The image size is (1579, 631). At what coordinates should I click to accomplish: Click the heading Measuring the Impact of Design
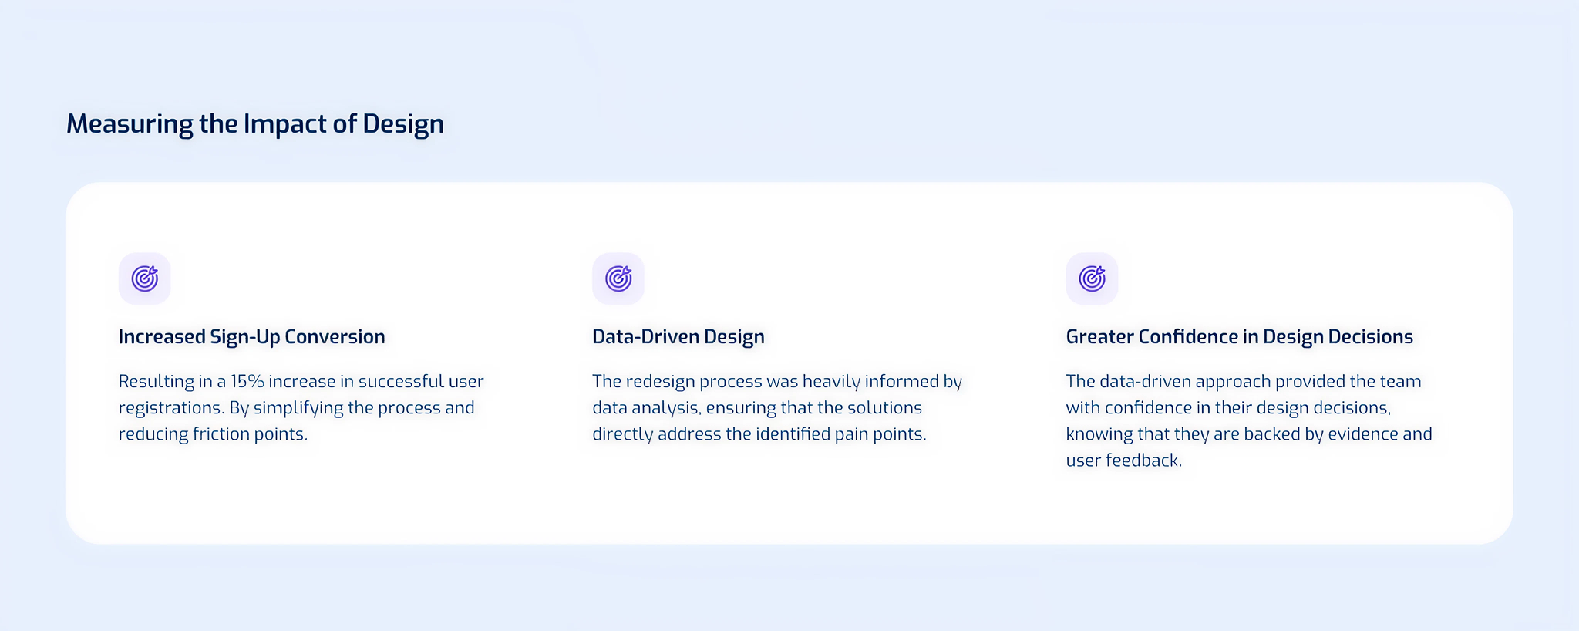(254, 124)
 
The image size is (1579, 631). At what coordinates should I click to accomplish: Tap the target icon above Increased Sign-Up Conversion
(144, 278)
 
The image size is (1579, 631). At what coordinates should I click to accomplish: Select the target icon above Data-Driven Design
(618, 278)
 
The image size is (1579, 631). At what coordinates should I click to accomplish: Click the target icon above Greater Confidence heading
(1092, 278)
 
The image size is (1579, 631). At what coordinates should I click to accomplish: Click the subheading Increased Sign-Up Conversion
(251, 337)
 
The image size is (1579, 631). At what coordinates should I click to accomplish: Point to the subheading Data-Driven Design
(678, 337)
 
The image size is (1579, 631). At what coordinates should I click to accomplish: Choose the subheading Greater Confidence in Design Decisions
(1239, 337)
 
